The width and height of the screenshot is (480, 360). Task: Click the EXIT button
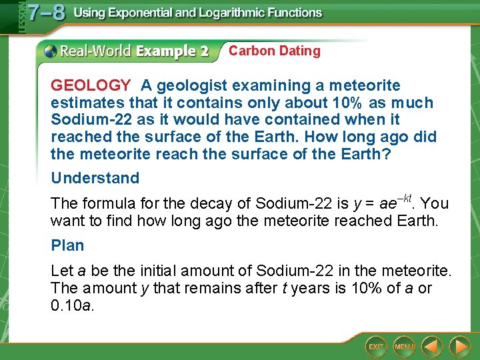(x=376, y=347)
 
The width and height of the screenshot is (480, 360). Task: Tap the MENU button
(x=404, y=347)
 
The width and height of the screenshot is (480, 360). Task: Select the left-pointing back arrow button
(x=432, y=347)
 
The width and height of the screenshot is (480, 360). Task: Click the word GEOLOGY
(x=91, y=85)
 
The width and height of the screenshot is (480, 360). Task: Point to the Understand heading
(x=95, y=178)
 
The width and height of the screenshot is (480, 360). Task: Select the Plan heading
(x=67, y=245)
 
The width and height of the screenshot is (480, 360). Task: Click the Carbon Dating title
(x=274, y=51)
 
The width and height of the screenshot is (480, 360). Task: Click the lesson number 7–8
(x=45, y=14)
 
